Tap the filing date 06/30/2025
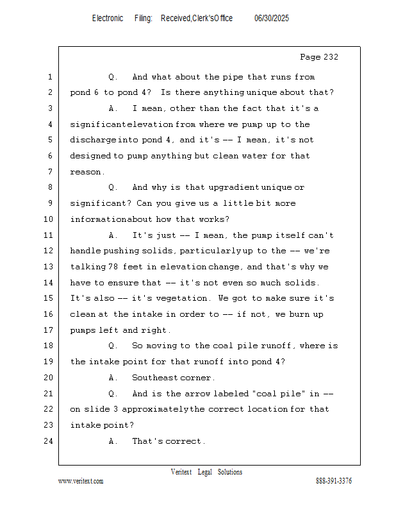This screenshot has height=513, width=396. pos(272,19)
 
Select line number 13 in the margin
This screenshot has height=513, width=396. pos(49,267)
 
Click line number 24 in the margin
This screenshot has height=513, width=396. pos(49,441)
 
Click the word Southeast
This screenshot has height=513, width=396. pos(154,378)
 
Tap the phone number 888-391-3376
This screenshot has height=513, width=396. pos(334,481)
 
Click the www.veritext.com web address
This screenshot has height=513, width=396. pos(81,481)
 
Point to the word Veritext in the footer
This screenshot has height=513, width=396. pos(181,472)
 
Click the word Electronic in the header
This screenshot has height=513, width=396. pos(108,19)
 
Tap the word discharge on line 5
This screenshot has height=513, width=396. pos(93,140)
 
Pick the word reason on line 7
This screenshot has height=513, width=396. pos(87,172)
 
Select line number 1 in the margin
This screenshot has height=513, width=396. pos(49,77)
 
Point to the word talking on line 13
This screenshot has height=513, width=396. pos(88,267)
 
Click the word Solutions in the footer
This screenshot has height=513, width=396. pos(230,472)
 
